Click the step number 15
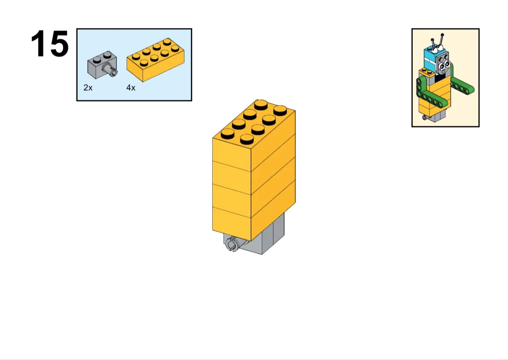pos(50,44)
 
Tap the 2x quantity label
pos(88,88)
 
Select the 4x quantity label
pos(130,88)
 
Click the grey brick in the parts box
pos(102,64)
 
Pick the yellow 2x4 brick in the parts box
pos(155,60)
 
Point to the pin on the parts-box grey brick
pos(111,70)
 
